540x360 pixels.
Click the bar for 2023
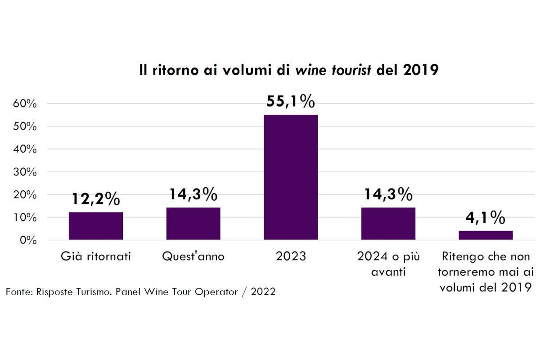click(291, 177)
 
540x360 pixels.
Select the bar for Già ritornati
click(96, 226)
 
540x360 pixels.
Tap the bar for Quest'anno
click(193, 224)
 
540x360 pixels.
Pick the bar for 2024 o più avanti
click(388, 224)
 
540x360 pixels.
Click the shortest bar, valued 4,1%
click(486, 235)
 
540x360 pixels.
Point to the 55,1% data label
click(290, 102)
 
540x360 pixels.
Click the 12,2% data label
click(95, 198)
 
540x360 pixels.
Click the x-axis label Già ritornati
click(95, 257)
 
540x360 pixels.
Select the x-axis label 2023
click(290, 256)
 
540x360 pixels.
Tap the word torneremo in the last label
click(465, 272)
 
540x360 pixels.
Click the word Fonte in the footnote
click(18, 292)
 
